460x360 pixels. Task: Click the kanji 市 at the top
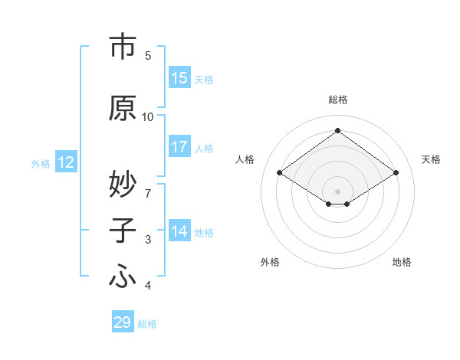click(x=123, y=47)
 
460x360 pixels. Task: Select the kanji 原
click(x=123, y=108)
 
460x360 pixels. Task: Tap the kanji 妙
click(x=123, y=185)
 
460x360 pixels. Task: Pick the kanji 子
click(x=123, y=231)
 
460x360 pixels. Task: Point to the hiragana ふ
click(x=123, y=277)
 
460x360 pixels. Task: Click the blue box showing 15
click(x=179, y=78)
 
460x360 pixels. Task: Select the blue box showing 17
click(x=179, y=147)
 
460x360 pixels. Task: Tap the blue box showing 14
click(x=179, y=231)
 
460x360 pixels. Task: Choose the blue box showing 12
click(x=66, y=162)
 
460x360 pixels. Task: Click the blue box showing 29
click(x=123, y=322)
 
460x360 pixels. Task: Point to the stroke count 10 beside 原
click(x=148, y=116)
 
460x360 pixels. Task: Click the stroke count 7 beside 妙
click(x=148, y=186)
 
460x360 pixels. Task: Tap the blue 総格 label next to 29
click(x=147, y=324)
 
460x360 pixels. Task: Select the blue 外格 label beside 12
click(x=41, y=163)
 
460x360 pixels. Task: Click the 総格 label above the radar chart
click(x=337, y=100)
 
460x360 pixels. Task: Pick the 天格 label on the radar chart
click(x=432, y=159)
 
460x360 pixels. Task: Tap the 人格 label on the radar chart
click(x=245, y=159)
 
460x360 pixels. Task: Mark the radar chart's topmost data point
click(x=337, y=130)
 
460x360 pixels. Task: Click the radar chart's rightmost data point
click(x=396, y=173)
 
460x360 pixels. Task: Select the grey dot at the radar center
click(x=337, y=190)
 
